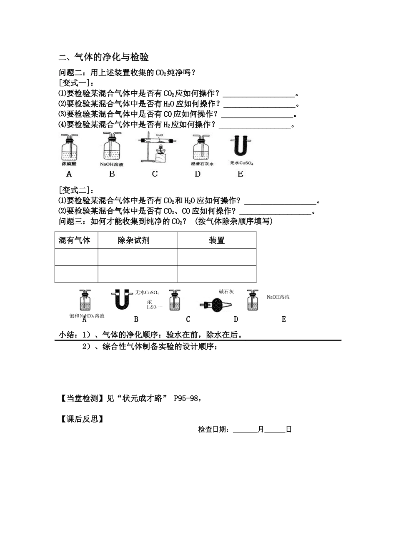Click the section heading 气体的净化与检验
111,57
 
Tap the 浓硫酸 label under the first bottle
69,164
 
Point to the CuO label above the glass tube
159,135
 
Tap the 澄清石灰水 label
202,164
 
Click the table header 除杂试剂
133,240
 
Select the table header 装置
217,240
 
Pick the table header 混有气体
74,240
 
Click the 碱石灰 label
226,292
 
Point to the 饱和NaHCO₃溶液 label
87,316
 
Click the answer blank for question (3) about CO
257,117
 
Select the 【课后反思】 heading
82,419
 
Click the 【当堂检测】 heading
82,398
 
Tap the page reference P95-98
185,398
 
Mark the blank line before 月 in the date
245,432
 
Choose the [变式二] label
74,190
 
